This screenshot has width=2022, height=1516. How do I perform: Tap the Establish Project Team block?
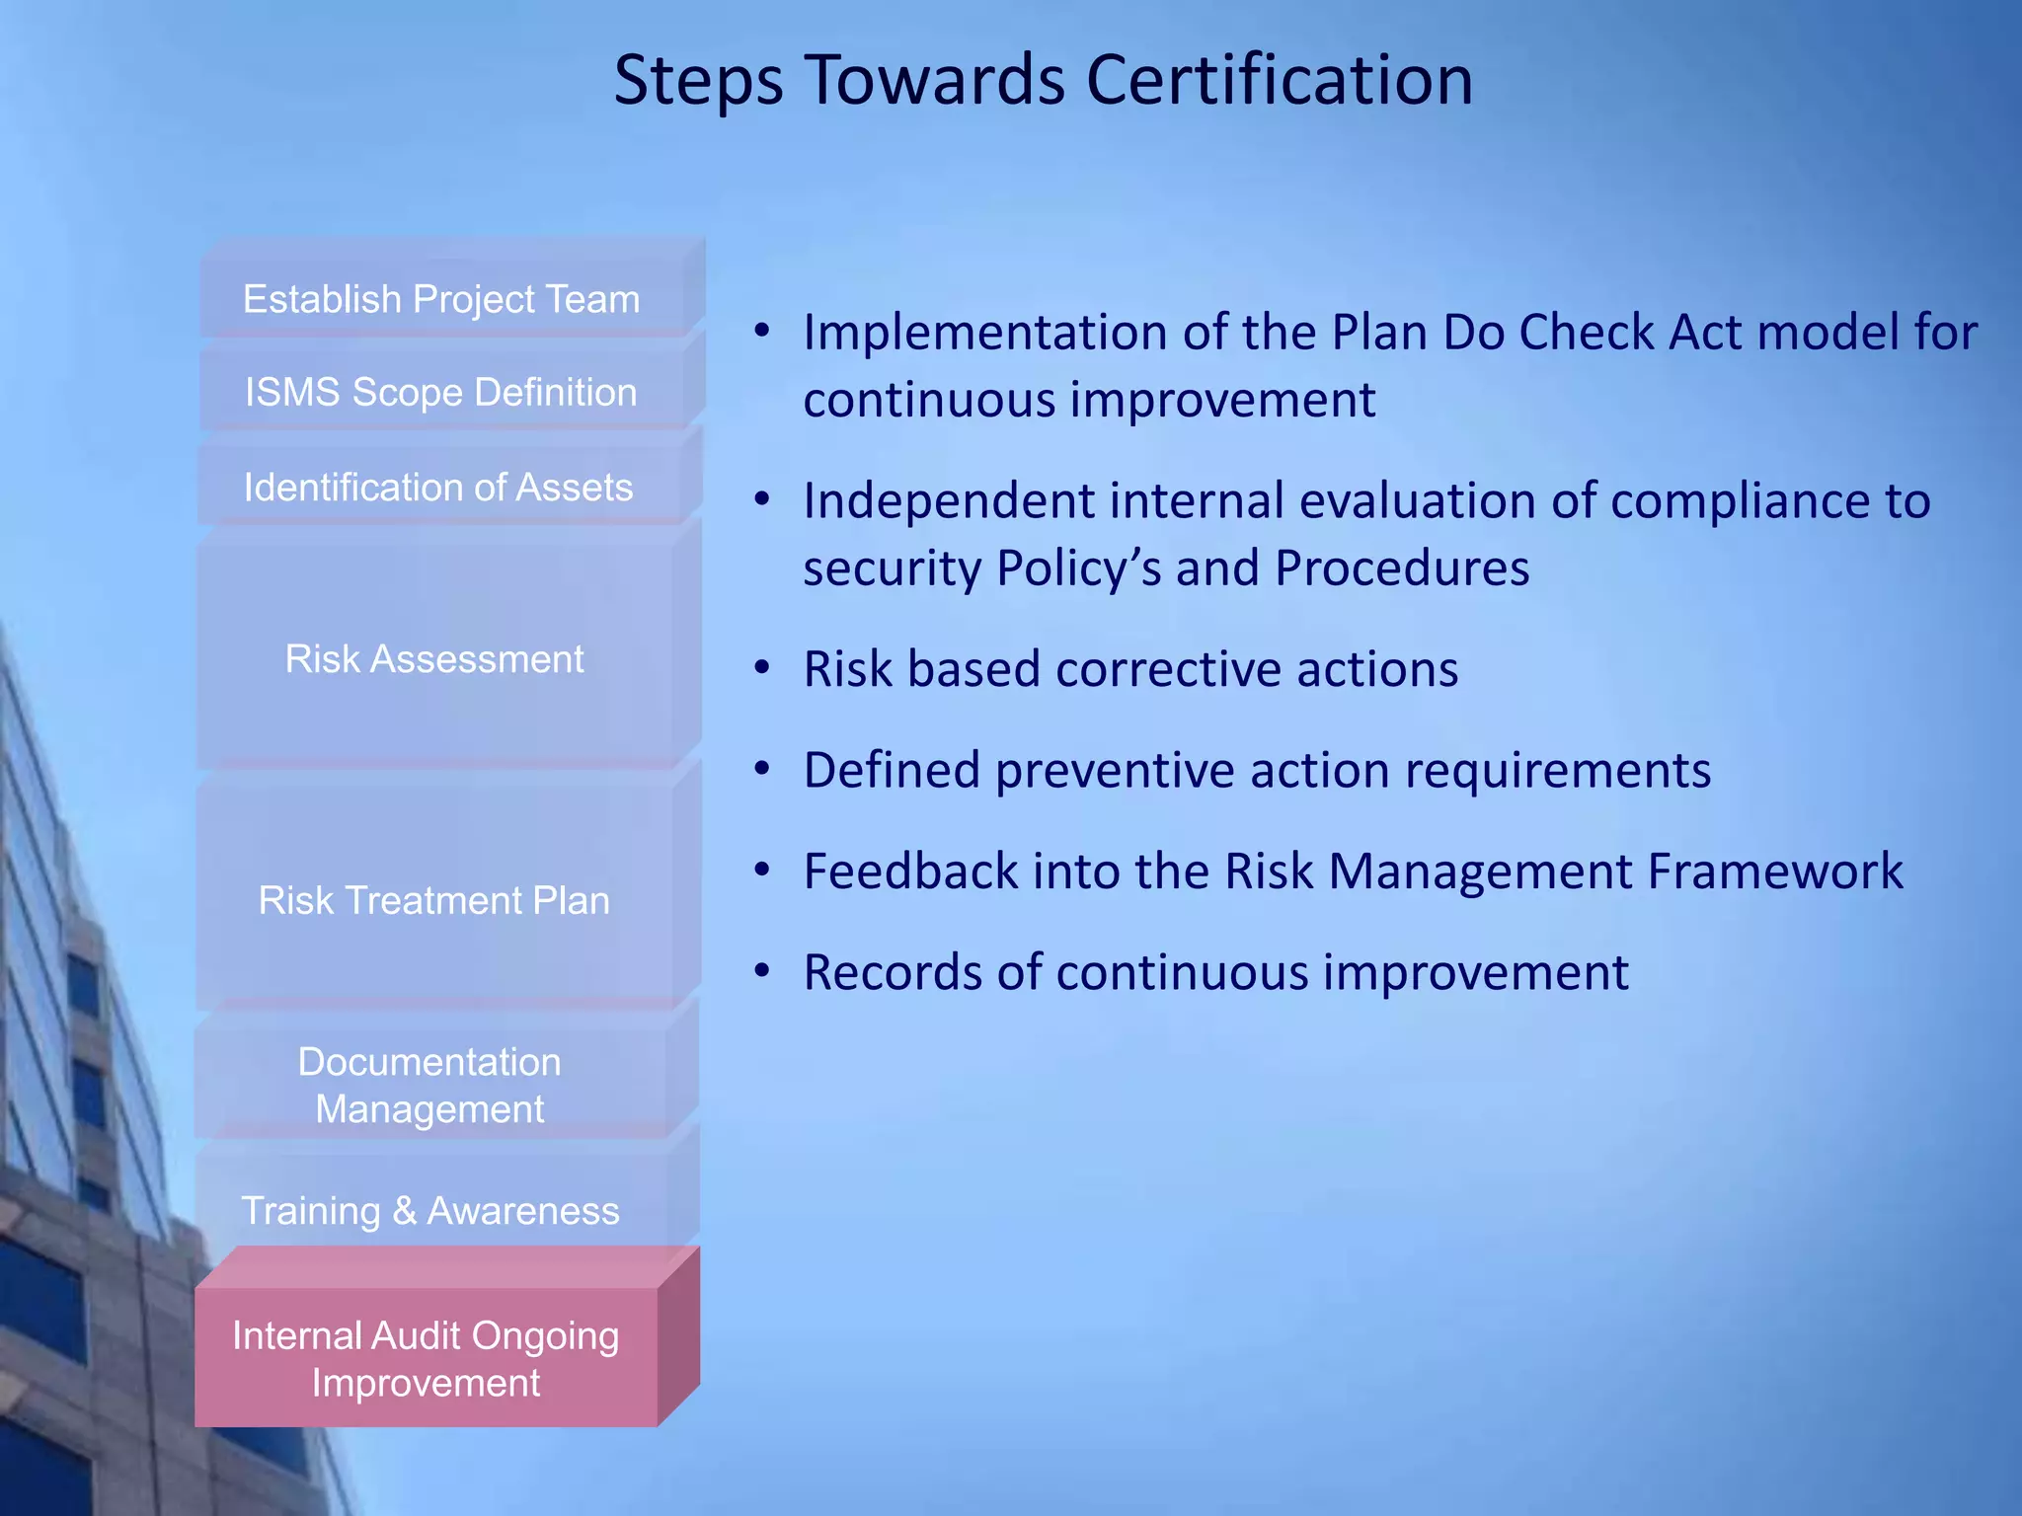441,299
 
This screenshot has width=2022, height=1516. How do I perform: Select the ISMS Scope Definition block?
441,392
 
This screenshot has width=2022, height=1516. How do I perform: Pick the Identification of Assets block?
438,488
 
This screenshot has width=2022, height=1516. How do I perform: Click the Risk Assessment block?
434,658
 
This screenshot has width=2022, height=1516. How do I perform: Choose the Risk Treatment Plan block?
434,900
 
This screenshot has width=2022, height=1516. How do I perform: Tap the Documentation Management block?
429,1086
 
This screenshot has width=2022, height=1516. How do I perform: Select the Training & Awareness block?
430,1210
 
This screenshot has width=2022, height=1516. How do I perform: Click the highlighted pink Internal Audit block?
426,1358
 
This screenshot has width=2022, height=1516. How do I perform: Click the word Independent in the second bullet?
949,500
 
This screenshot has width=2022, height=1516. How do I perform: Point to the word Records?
893,972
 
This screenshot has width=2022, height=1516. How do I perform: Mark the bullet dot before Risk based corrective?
761,668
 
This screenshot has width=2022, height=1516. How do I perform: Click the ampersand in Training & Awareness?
404,1211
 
